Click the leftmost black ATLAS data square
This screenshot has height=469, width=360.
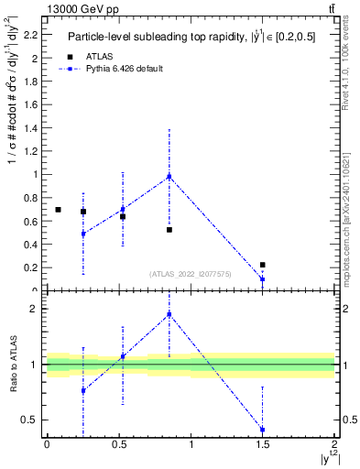(58, 210)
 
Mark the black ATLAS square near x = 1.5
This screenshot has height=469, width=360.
(263, 265)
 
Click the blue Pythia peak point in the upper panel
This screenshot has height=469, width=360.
(169, 177)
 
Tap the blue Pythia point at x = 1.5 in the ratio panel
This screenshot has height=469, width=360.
(263, 429)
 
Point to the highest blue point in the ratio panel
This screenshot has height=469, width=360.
(169, 314)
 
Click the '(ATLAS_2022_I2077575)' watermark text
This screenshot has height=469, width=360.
(190, 274)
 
